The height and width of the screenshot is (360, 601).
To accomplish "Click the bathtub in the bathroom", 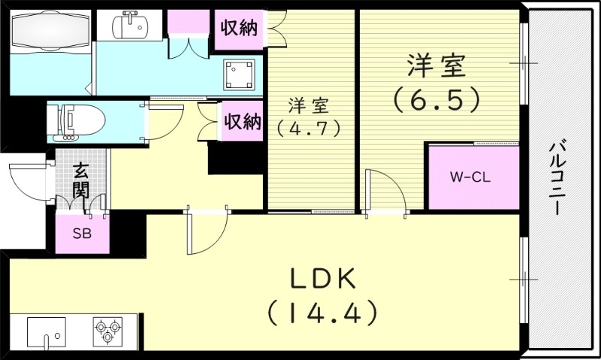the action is pos(50,31).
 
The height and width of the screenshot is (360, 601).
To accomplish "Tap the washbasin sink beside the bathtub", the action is pos(129,26).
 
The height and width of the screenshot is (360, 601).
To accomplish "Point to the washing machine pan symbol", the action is pos(240,74).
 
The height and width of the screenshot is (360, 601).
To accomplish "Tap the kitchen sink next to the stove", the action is pos(46,333).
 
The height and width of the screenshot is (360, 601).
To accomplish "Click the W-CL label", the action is pos(470,177).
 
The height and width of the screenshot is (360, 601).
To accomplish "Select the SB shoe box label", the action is pos(82,234).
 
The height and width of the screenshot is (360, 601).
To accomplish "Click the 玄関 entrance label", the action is pos(81,180).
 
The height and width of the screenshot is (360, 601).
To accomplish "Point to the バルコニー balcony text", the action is pos(557,179).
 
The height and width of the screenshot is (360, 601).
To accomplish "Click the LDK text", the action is pos(323,279).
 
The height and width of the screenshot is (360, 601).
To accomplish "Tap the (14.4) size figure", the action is pos(322,313).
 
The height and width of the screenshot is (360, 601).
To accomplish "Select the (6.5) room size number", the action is pos(437,100).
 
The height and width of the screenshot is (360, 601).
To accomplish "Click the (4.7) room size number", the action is pos(309,129).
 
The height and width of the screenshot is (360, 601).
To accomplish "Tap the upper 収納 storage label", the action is pos(239,28).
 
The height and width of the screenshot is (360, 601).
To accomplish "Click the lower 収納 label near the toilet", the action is pos(243,121).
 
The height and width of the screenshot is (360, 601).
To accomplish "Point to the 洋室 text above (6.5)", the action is pos(436,65).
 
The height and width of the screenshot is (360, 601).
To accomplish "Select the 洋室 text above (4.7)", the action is pos(309,106).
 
